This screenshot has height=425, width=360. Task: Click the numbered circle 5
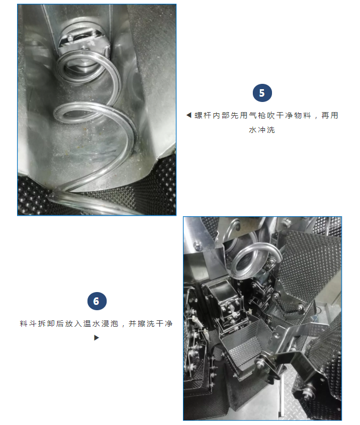[x=262, y=93]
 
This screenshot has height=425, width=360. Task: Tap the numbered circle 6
[x=97, y=301]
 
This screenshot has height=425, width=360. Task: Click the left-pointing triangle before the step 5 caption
[x=189, y=115]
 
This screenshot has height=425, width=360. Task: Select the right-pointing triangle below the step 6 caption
[x=97, y=338]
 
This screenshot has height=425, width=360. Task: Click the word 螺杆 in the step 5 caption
[x=203, y=115]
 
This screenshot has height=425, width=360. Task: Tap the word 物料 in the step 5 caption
[x=303, y=115]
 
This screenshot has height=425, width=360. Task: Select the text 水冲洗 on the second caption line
[x=262, y=130]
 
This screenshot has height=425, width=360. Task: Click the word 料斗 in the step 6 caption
[x=28, y=324]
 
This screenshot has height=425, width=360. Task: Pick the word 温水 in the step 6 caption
[x=92, y=324]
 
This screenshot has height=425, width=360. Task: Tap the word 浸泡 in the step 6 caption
[x=110, y=324]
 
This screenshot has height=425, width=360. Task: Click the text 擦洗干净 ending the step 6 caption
[x=155, y=324]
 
